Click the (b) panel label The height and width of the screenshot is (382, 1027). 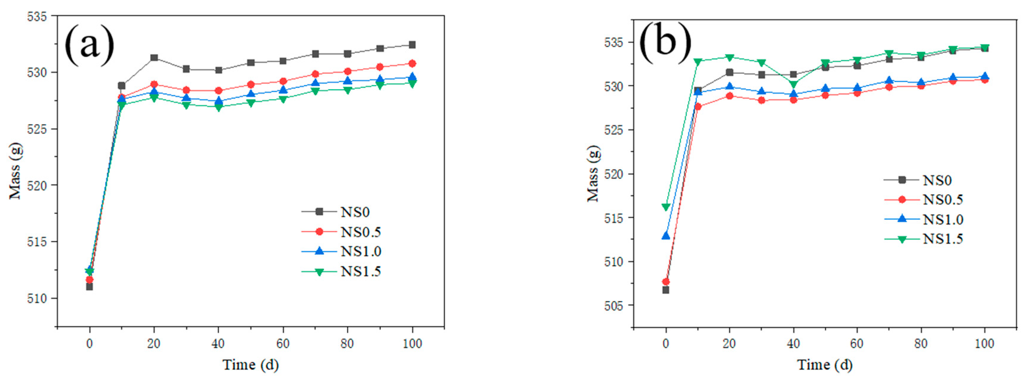(x=665, y=42)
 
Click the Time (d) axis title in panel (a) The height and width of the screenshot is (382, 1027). (x=250, y=365)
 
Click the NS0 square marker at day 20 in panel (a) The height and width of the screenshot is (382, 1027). (x=154, y=58)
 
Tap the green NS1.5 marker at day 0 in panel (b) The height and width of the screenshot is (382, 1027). (x=666, y=207)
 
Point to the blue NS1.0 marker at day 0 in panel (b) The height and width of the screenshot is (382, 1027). (x=666, y=236)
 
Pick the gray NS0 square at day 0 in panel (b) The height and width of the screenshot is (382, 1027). (x=666, y=290)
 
